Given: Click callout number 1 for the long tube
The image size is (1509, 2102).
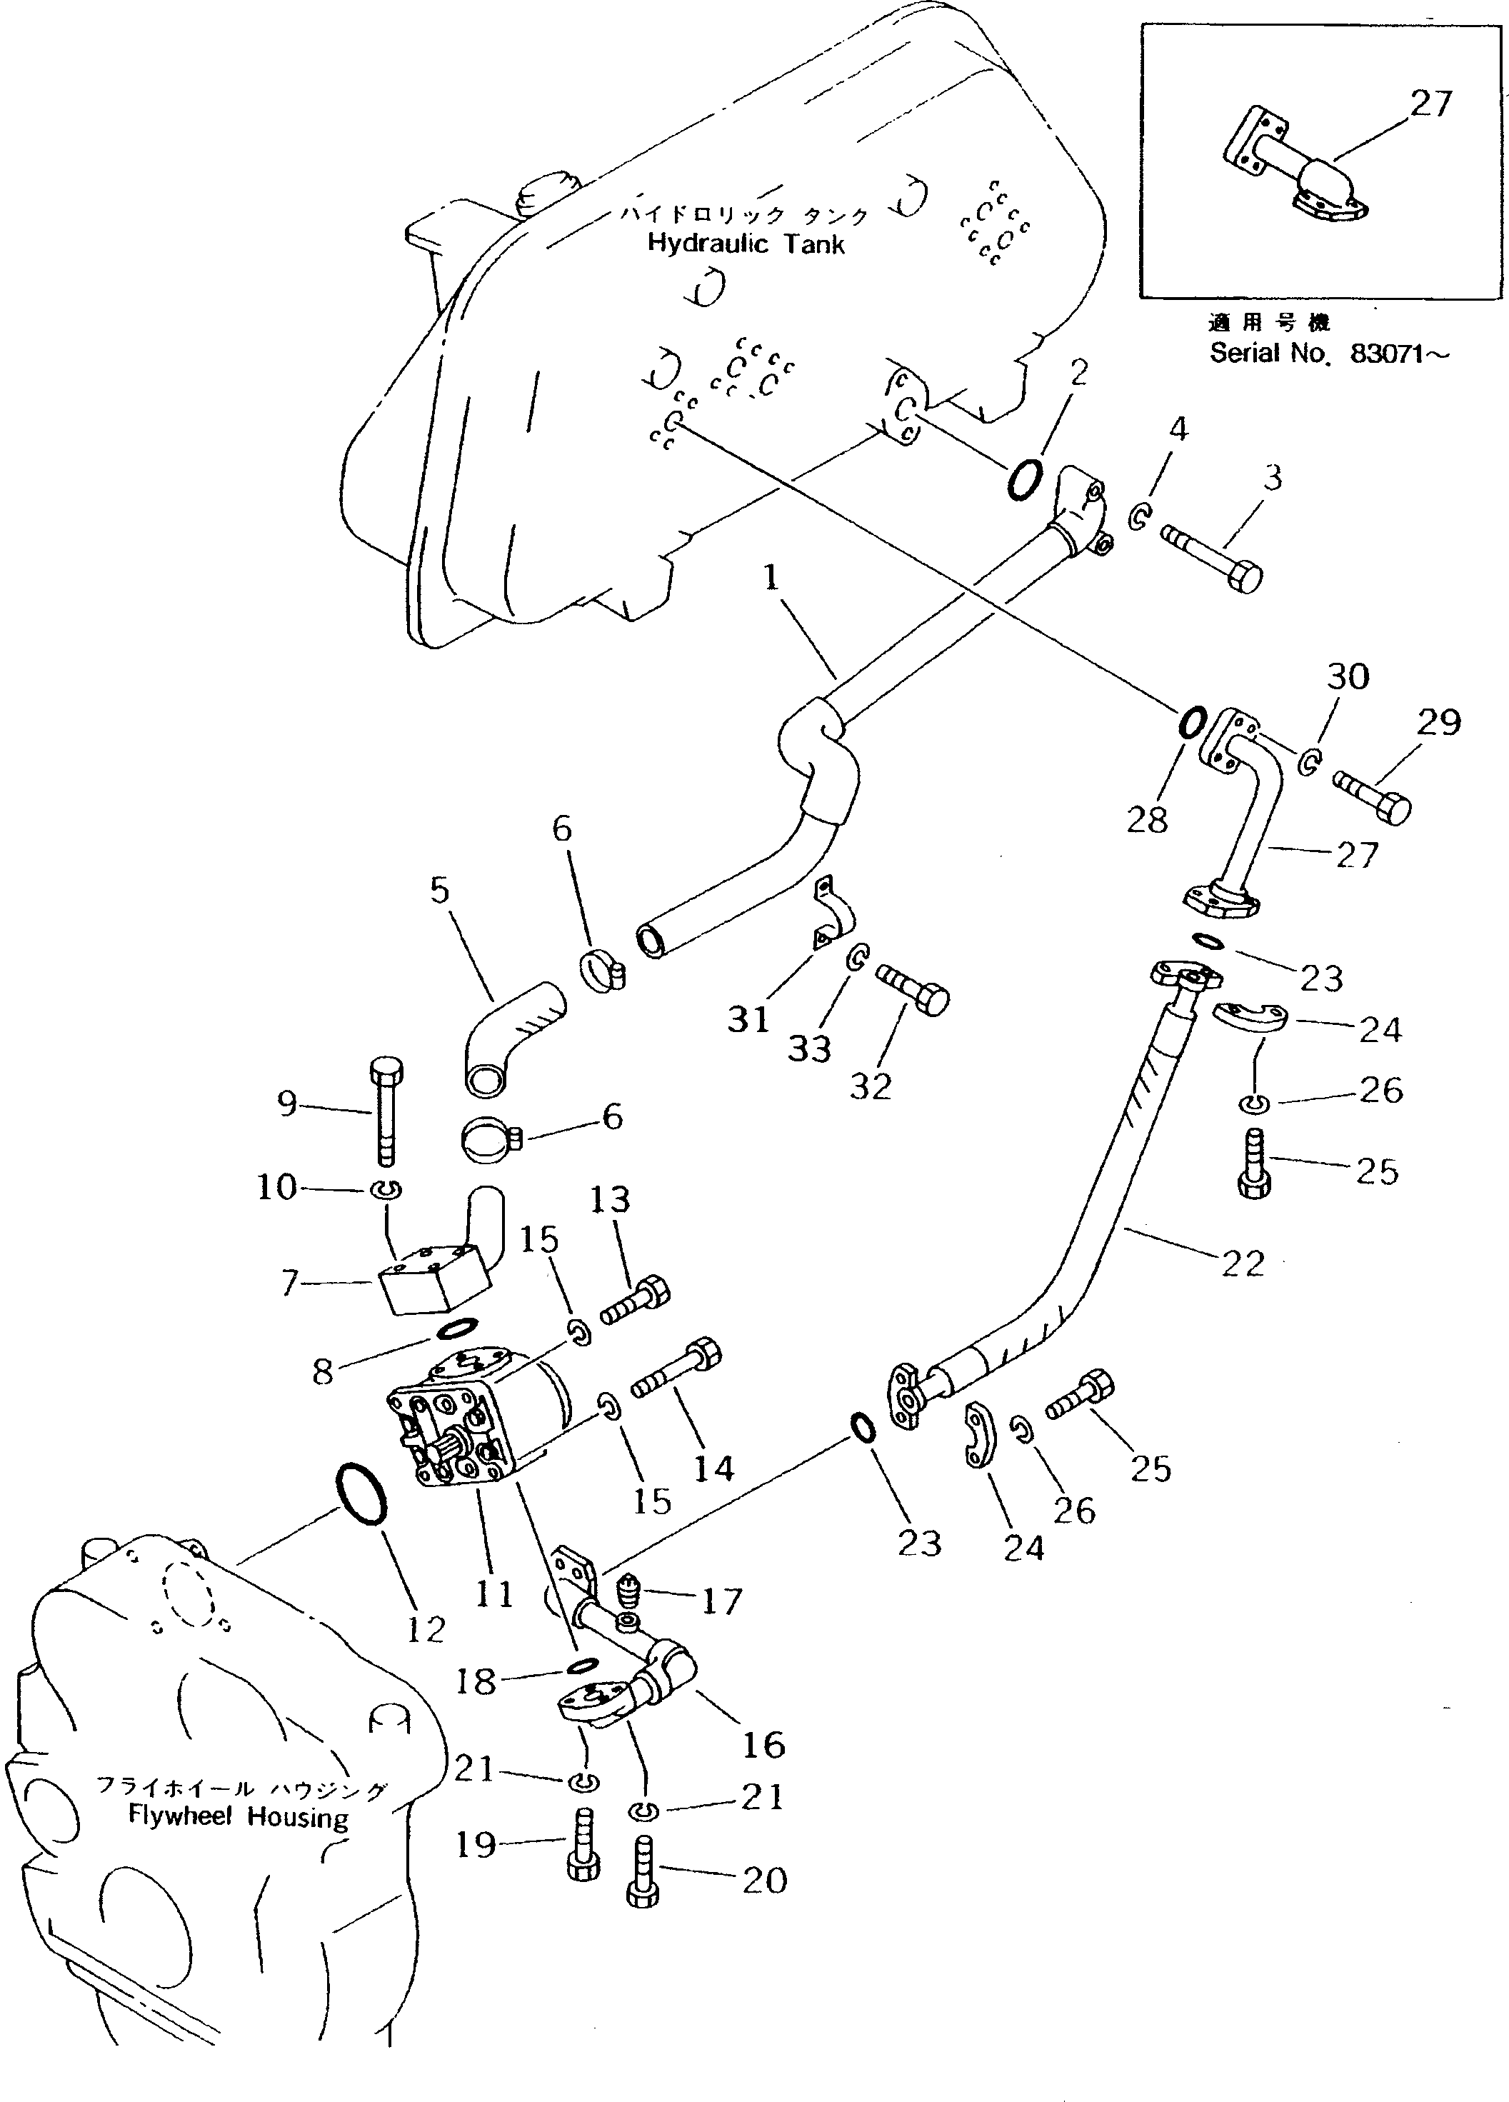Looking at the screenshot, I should pyautogui.click(x=771, y=579).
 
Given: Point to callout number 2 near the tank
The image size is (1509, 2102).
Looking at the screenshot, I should pyautogui.click(x=1078, y=373).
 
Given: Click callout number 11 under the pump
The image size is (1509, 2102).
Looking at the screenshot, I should pyautogui.click(x=494, y=1593).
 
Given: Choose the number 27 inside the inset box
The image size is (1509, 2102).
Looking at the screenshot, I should pyautogui.click(x=1430, y=104).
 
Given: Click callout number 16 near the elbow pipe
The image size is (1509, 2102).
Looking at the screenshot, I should pyautogui.click(x=763, y=1744).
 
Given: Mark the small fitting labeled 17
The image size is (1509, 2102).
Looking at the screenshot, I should pyautogui.click(x=628, y=1595).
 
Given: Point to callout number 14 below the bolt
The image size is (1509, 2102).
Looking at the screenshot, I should pyautogui.click(x=713, y=1468).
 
